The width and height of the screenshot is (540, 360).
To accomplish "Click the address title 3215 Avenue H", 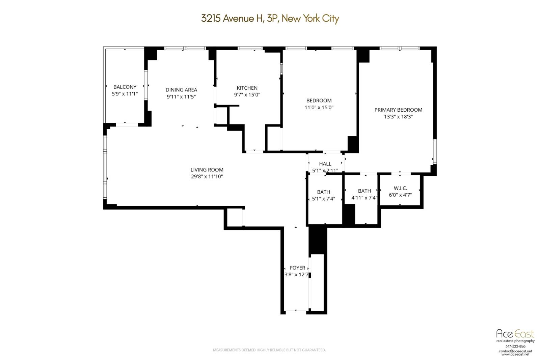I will point(270,18).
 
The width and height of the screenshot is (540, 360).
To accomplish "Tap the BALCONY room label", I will point(125,87).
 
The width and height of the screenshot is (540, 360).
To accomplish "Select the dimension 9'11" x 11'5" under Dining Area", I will point(181,97).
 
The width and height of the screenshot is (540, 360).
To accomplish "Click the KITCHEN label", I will point(247,88).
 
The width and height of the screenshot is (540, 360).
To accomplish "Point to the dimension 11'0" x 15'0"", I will point(319,108).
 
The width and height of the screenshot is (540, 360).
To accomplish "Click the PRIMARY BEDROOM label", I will point(398,110).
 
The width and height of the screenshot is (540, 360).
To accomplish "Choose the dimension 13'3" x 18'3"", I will point(398,117).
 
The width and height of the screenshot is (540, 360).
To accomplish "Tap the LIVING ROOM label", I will point(207,170).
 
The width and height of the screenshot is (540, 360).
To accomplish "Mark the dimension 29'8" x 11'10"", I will point(207,176).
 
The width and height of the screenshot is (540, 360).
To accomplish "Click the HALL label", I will point(325,164).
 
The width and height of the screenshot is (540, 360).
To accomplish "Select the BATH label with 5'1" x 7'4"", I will point(323,192).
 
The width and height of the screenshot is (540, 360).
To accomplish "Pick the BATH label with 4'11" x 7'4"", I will point(364,191).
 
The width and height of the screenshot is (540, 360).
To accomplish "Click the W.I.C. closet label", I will point(400,188).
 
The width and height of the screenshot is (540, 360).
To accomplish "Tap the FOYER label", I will point(297,268).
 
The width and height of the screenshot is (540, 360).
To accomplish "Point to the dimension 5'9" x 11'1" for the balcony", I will point(125,94).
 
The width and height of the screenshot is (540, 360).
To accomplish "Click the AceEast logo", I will point(515,334).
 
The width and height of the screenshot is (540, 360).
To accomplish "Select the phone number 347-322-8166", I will point(515,347).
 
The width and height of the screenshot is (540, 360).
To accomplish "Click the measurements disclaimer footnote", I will point(269,350).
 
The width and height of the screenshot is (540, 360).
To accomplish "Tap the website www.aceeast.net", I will point(515,354).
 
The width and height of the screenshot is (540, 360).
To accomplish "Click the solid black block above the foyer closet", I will point(318,240).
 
